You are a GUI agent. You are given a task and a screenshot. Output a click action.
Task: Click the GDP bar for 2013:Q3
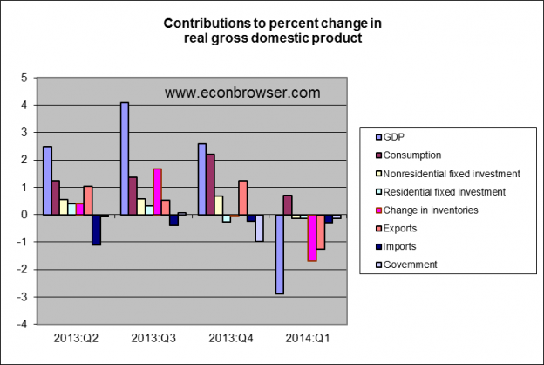125,158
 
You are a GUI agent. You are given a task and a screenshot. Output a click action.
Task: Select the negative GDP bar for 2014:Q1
280,253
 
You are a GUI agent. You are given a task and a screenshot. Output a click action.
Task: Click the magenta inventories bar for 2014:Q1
311,237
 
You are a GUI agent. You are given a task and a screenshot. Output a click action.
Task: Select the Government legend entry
410,265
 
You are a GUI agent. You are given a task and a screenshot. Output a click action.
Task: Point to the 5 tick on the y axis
25,78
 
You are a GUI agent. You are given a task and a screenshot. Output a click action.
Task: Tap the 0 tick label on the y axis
25,215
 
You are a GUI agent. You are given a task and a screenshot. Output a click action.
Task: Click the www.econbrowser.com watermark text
242,92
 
